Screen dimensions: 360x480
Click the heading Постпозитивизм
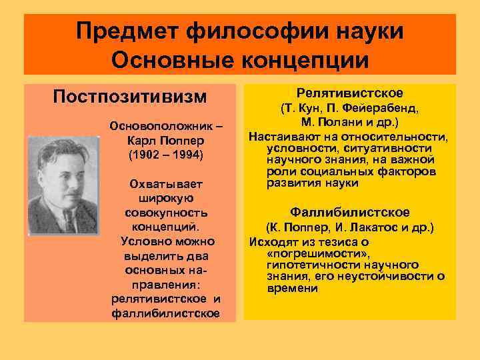coord(130,97)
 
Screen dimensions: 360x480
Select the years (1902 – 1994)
coord(164,155)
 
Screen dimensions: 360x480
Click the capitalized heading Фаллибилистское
coord(349,212)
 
